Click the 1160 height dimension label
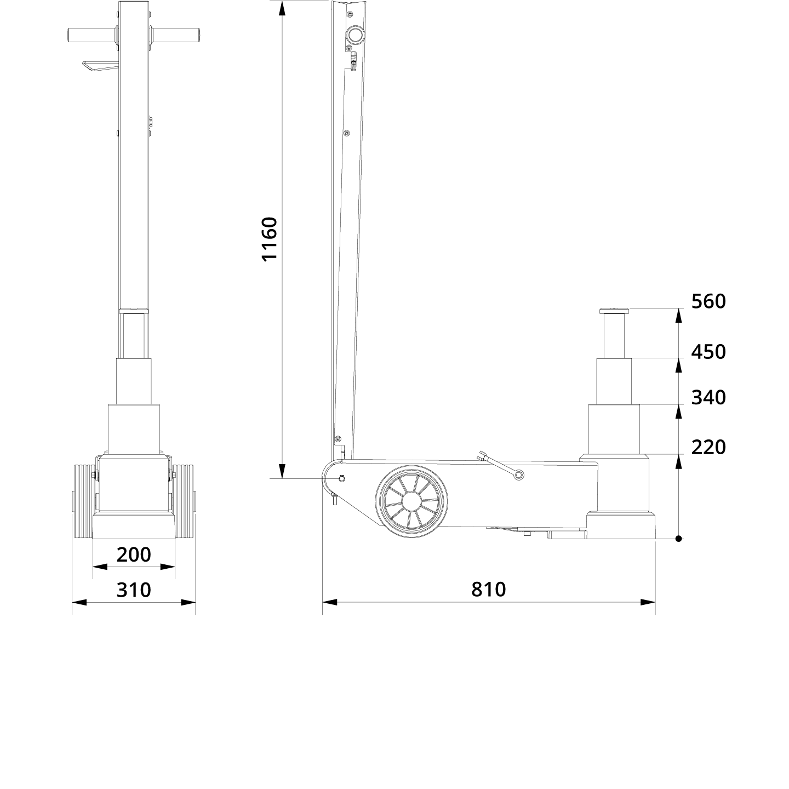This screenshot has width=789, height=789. pos(270,239)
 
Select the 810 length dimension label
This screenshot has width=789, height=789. pos(488,590)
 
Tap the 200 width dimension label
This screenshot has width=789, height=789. pos(134,554)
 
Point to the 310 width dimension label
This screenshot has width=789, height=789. pos(134,590)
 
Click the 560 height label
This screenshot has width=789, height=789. pos(708,301)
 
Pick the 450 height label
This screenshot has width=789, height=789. pos(708,352)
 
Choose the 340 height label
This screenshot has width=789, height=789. pos(708,397)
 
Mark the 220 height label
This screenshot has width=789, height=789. pos(708,447)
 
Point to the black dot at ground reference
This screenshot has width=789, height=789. pos(678,539)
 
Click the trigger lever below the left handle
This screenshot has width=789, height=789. pos(99,66)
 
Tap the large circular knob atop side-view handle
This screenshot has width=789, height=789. pos(354,36)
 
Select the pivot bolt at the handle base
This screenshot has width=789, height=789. pos(342,478)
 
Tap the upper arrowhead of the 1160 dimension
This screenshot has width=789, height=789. pos(282,8)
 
